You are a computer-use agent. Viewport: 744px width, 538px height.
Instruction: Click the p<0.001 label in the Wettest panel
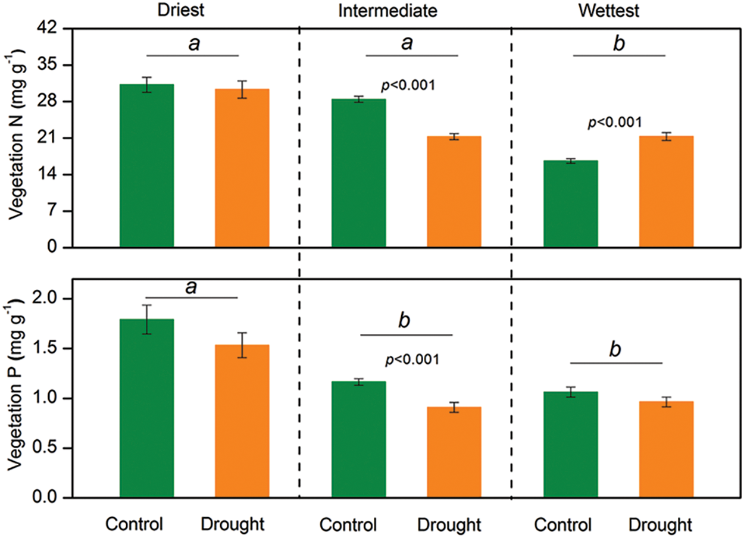point(615,123)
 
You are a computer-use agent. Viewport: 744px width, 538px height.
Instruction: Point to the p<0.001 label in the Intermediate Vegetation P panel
point(413,359)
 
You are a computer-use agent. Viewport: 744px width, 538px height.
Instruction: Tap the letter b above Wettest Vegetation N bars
point(619,45)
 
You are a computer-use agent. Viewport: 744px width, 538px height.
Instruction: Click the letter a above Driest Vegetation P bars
point(191,288)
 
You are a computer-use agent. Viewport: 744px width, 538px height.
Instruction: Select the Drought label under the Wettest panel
point(661,525)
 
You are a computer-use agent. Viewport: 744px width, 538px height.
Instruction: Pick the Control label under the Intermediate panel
point(348,525)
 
